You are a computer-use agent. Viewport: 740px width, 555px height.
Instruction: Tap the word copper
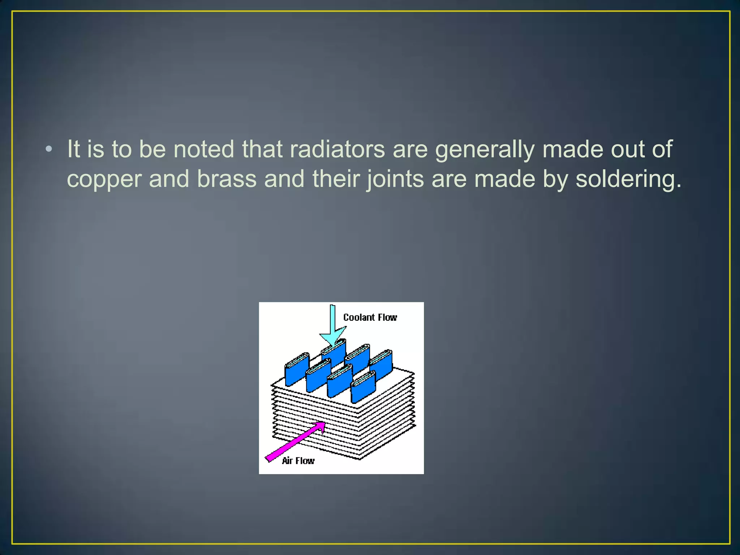point(104,180)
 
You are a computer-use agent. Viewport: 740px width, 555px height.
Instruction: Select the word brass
point(227,179)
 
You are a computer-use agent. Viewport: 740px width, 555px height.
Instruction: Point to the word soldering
point(628,179)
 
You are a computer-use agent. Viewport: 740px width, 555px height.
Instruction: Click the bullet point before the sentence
point(49,149)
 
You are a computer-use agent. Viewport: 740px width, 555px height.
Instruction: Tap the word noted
point(204,149)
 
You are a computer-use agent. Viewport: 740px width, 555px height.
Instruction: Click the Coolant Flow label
point(370,318)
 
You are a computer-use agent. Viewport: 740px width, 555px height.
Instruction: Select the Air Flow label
point(298,461)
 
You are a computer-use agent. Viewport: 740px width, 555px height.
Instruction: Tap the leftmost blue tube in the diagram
point(296,370)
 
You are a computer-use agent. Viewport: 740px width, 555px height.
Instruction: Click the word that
point(262,149)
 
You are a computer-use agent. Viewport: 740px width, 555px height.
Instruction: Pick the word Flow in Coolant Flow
point(387,318)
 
